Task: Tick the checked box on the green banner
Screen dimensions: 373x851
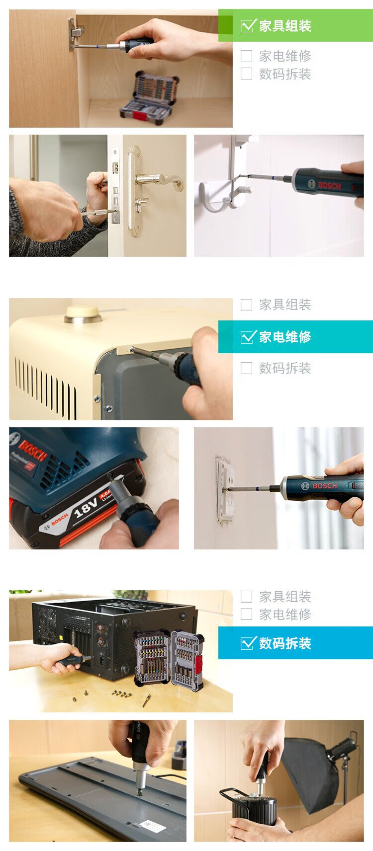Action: tap(247, 25)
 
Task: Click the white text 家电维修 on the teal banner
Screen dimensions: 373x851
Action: tap(285, 337)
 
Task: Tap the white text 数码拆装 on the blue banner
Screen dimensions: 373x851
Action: tap(285, 643)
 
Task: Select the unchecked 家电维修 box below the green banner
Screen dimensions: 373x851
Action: tap(246, 56)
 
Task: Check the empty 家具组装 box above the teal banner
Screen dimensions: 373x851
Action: tap(246, 305)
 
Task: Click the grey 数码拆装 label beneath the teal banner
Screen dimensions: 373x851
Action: tap(285, 368)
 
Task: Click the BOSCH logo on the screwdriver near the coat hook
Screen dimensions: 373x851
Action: tap(329, 186)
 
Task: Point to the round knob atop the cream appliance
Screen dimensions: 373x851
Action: tap(83, 314)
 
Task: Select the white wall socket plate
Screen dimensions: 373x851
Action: tap(224, 488)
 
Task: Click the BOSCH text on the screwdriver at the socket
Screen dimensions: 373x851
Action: tap(325, 486)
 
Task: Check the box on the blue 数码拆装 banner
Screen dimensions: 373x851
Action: tap(247, 643)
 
